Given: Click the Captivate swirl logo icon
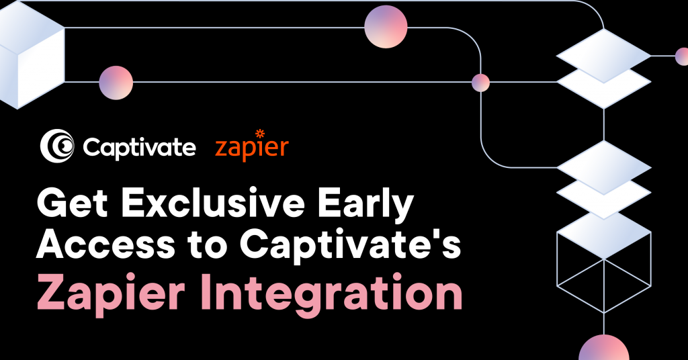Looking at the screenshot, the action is point(57,146).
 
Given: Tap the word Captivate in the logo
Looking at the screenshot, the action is point(139,148).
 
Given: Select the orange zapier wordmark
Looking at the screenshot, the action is point(252,146).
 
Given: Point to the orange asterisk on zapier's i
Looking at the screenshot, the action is point(260,133).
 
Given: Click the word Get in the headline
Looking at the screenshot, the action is point(73,203).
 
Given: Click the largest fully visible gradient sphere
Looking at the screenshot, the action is point(386,27).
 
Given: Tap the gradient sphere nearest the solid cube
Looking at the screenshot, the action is point(116,83).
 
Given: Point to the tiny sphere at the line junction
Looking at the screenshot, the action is point(480,83).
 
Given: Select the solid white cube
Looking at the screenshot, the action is point(31,55).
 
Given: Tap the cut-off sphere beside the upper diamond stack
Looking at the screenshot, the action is point(682,56).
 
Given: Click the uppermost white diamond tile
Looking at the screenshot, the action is point(604,56).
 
